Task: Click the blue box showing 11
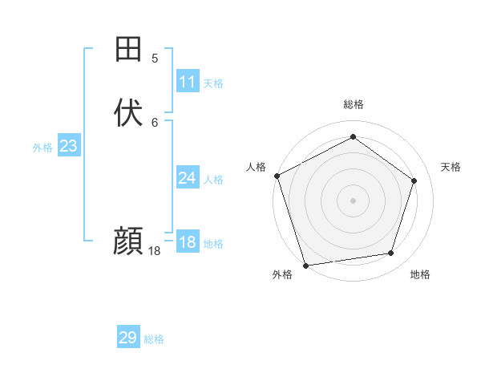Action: click(x=188, y=82)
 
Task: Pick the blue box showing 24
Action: click(x=188, y=178)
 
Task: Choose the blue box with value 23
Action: click(x=69, y=146)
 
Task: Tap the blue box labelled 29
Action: click(x=128, y=338)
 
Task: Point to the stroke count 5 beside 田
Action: click(x=156, y=58)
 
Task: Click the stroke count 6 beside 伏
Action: click(x=156, y=122)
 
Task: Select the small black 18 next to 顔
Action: click(x=155, y=251)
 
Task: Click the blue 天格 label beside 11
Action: click(x=213, y=83)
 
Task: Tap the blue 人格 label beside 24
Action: click(x=213, y=180)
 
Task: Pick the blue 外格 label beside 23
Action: click(x=42, y=148)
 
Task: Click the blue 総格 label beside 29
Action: click(x=154, y=339)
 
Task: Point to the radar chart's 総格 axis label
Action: click(x=354, y=104)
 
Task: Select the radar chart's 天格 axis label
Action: click(x=451, y=167)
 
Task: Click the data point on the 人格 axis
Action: click(x=277, y=176)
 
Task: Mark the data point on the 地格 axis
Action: click(x=390, y=253)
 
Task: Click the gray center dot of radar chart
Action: click(x=353, y=201)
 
